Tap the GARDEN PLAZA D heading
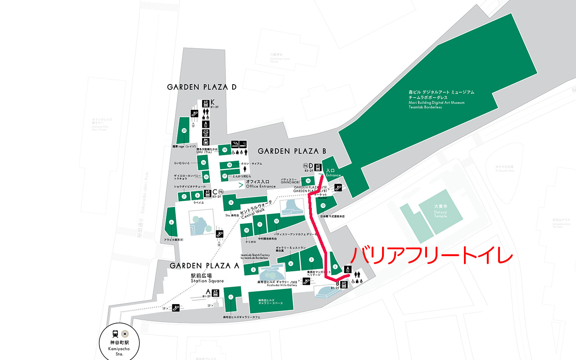[202, 87]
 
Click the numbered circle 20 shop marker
[184, 130]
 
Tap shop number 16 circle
[204, 162]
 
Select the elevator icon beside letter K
[206, 102]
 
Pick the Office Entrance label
[261, 184]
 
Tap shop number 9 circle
[231, 203]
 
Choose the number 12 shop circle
[276, 221]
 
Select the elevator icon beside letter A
[216, 292]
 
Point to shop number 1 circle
[231, 297]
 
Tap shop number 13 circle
[323, 205]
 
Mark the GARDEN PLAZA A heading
[204, 265]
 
